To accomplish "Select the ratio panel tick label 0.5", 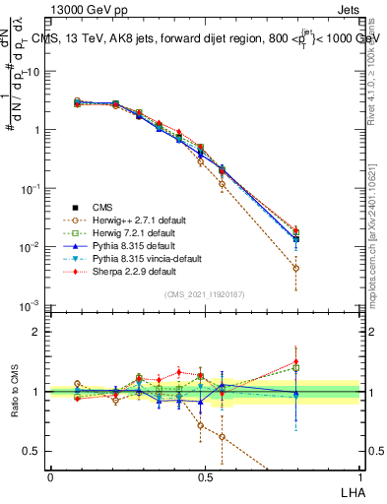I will click(32, 451).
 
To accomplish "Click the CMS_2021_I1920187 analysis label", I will click(205, 294).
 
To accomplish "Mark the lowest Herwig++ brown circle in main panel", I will click(296, 268).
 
